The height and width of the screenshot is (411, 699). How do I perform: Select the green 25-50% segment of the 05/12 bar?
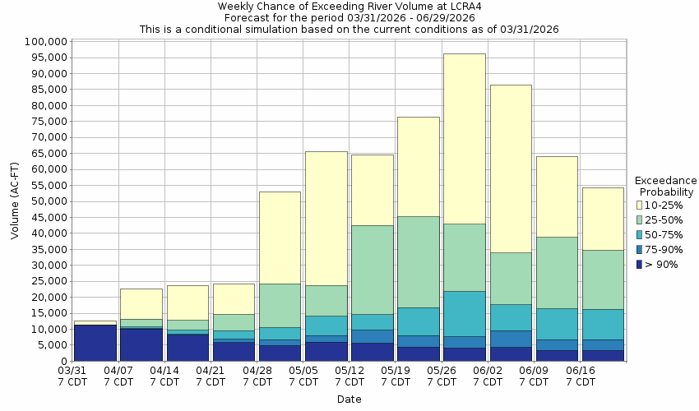(372, 270)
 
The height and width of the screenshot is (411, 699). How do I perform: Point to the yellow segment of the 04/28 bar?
(280, 238)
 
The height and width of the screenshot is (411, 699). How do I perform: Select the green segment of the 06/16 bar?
(603, 279)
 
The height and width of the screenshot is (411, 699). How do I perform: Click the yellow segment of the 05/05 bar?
(326, 218)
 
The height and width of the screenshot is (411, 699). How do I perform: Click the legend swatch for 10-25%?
(640, 205)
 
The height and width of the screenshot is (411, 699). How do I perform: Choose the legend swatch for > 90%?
(640, 264)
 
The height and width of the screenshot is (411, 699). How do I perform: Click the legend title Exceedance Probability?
(666, 186)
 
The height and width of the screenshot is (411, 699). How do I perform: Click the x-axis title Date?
(349, 399)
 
